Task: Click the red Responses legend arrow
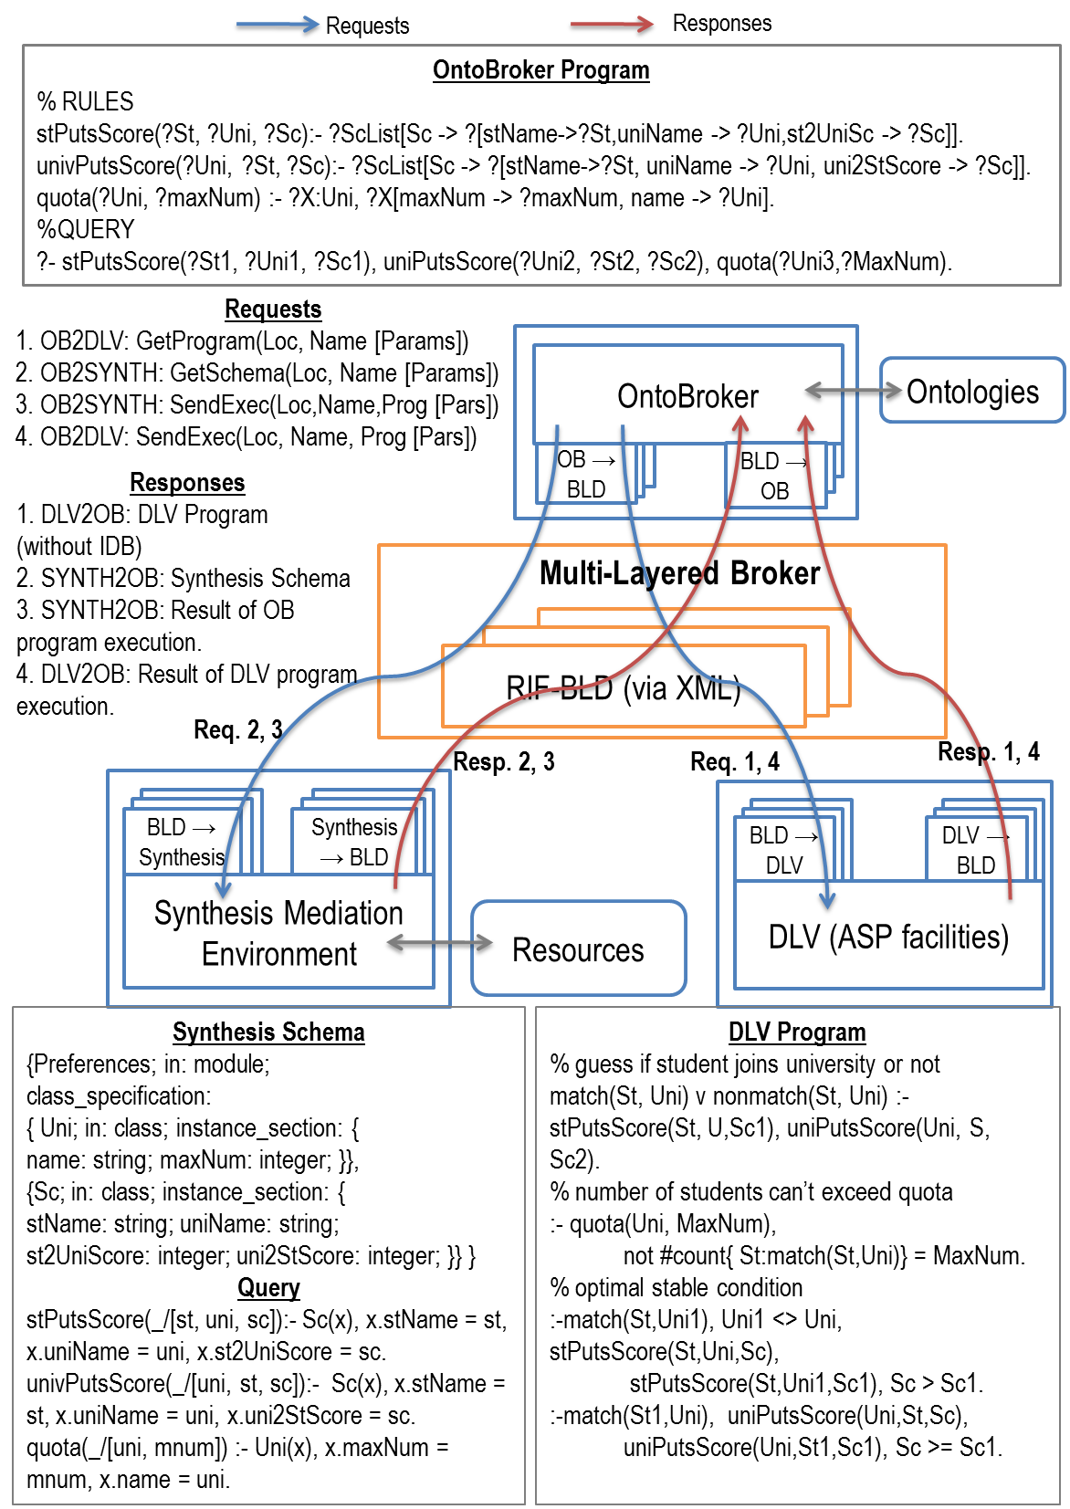pos(611,26)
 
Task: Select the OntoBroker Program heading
pos(540,70)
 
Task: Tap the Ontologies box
pos(972,391)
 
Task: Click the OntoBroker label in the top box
pos(687,396)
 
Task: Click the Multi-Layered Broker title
pos(679,573)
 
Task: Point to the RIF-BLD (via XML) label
pos(623,687)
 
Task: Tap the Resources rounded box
pos(578,949)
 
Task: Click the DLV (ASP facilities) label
pos(888,937)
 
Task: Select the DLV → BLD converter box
pos(976,850)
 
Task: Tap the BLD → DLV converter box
pos(784,850)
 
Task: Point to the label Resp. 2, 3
pos(505,761)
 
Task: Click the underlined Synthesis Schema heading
pos(268,1032)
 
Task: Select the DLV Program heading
pos(796,1032)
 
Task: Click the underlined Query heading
pos(268,1288)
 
